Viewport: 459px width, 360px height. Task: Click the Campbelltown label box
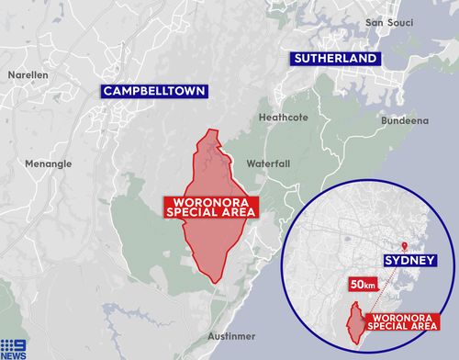[154, 91]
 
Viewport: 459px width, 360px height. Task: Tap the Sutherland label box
[334, 59]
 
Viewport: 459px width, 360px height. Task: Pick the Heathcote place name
[281, 117]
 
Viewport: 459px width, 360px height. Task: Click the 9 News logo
[14, 347]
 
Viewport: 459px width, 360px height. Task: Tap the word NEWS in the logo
[14, 354]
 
